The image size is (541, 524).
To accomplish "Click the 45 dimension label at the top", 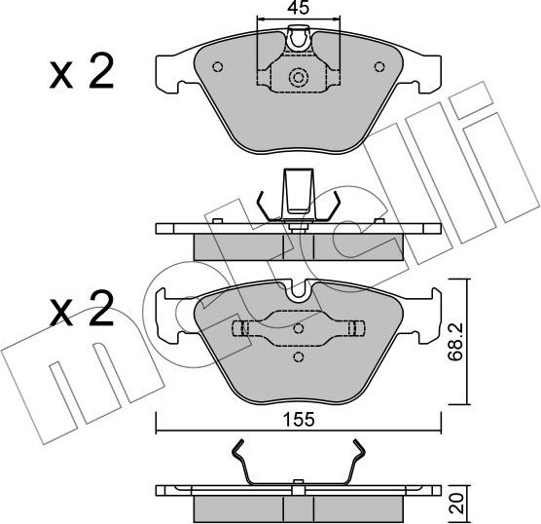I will pos(297,8).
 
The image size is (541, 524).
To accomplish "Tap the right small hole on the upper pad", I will pos(378,68).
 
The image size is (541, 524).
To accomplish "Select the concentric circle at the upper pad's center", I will pos(298,79).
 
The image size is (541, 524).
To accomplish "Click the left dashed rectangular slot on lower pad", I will pos(237,327).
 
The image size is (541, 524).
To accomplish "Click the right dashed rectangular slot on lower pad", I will pos(357,327).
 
